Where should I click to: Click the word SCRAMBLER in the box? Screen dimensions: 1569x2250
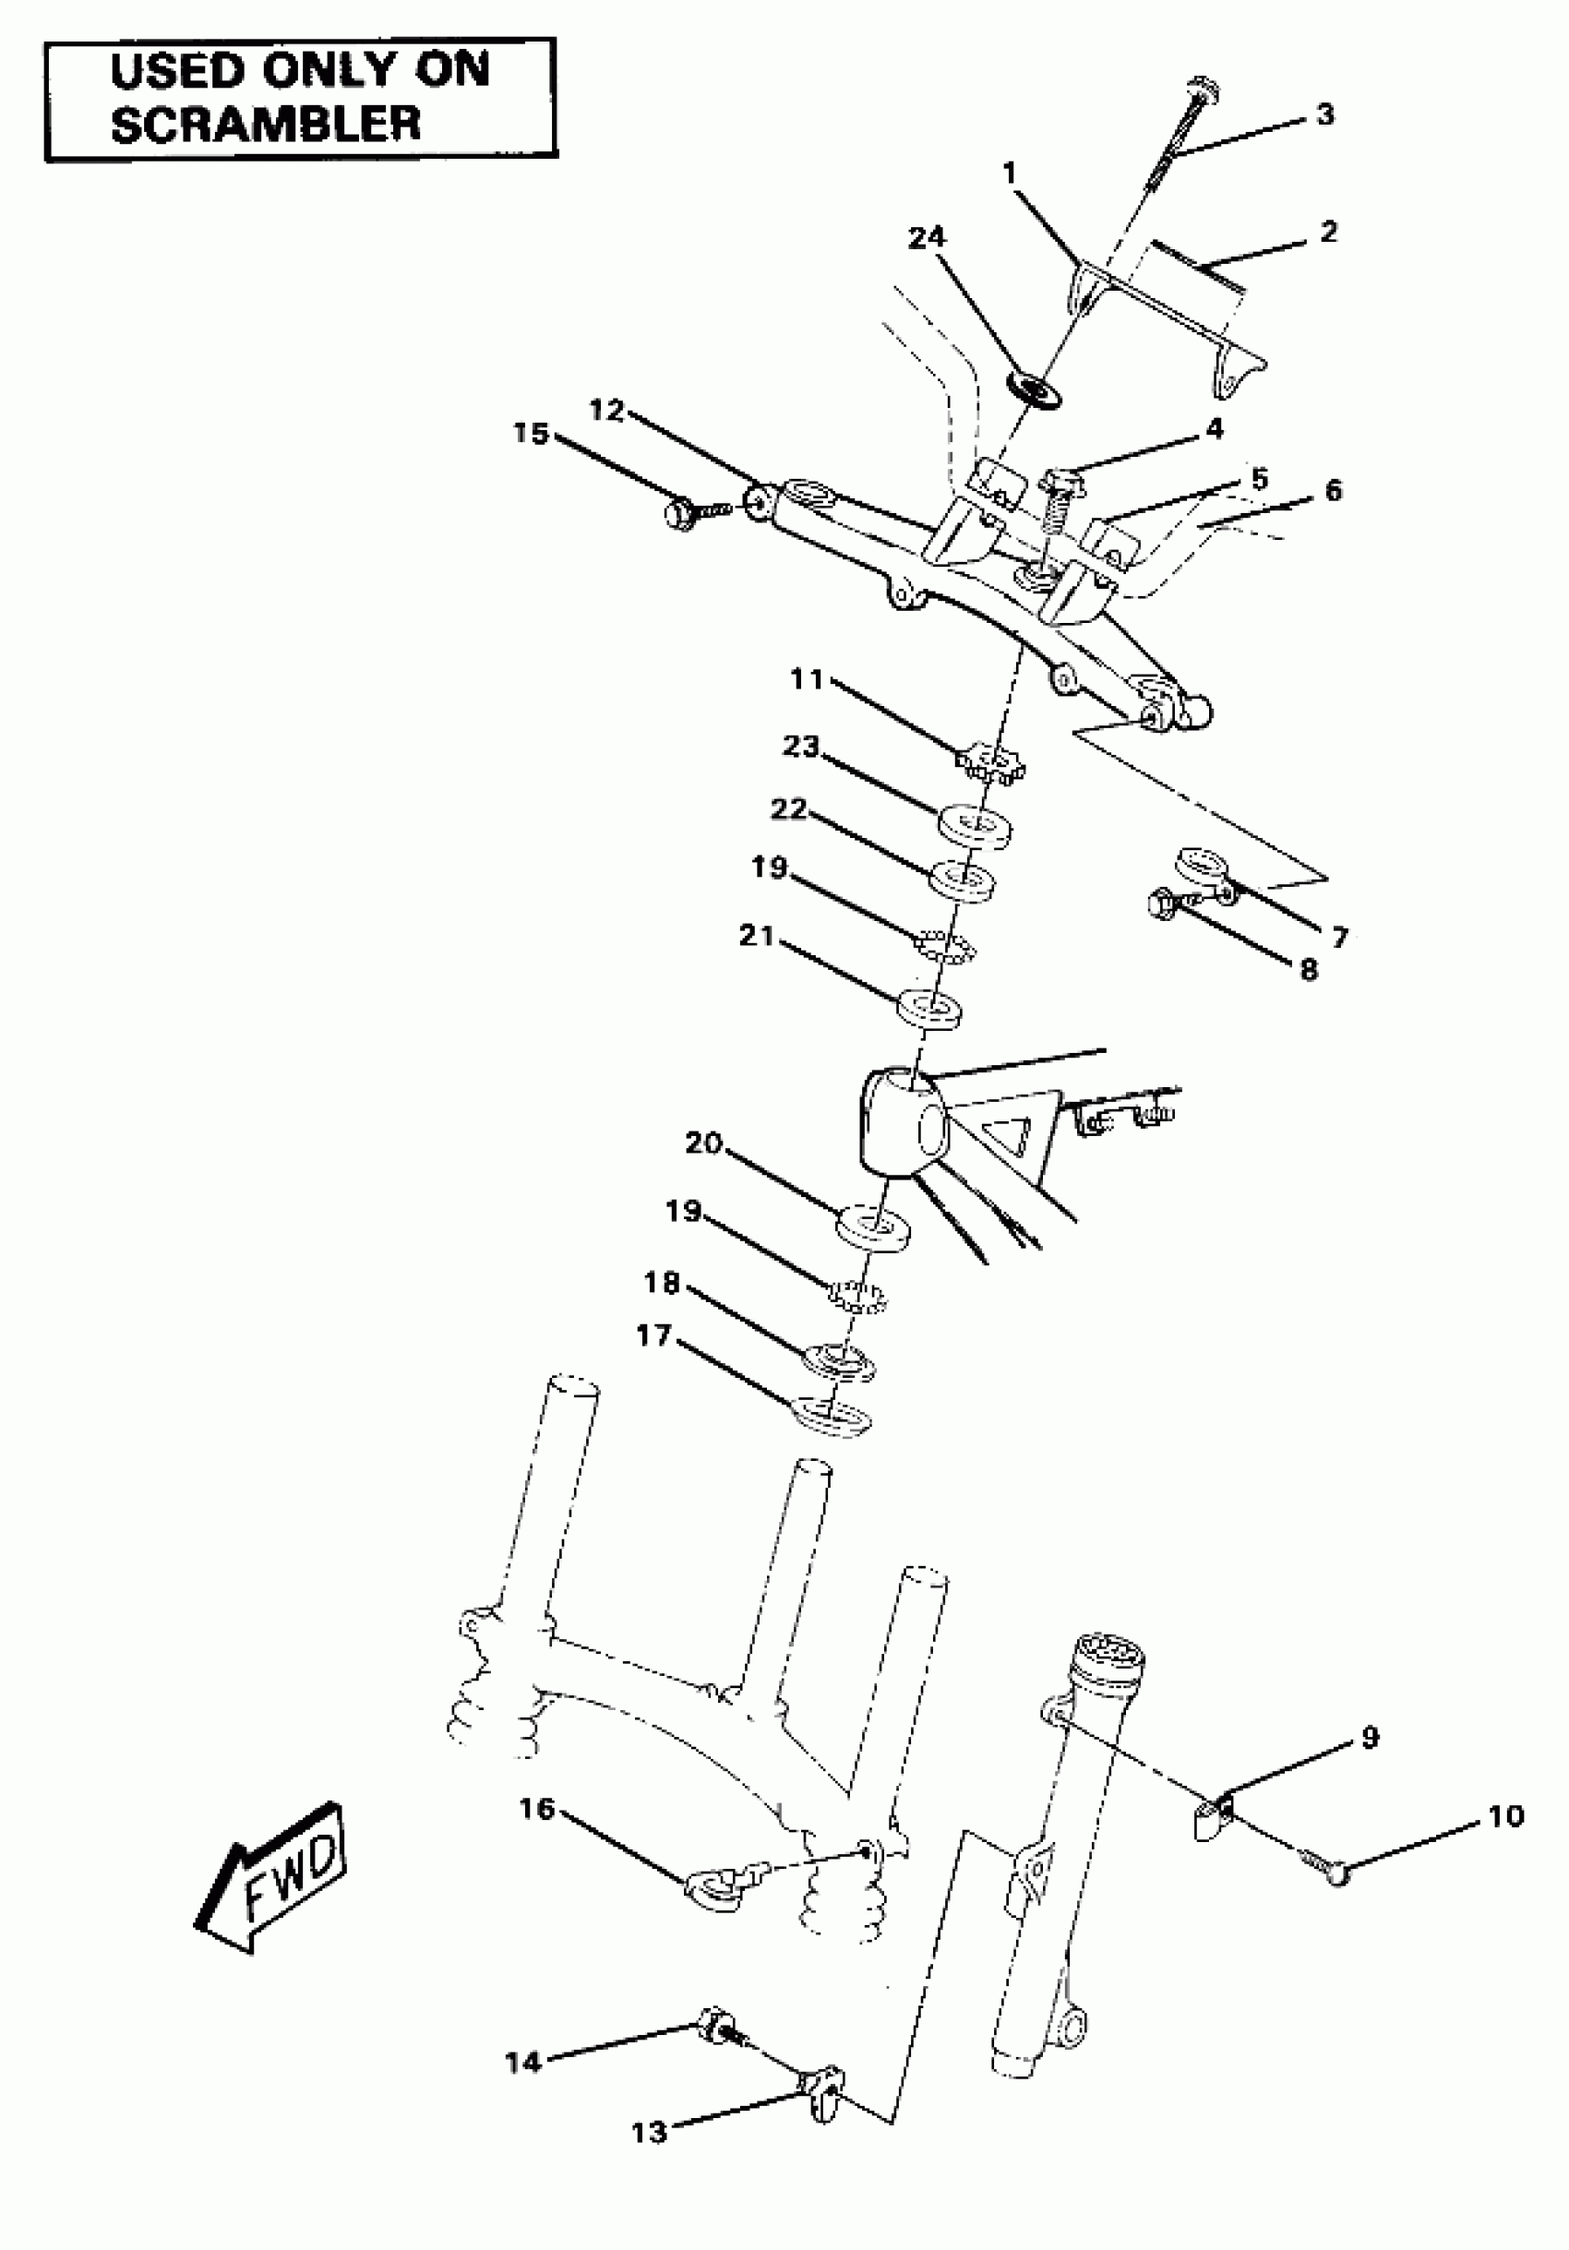266,125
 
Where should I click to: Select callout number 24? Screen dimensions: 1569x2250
927,238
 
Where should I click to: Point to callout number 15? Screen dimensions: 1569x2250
532,433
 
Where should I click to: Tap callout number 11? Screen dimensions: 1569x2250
808,679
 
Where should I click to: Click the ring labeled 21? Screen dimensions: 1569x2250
930,1009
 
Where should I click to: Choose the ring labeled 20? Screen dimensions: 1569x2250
872,1227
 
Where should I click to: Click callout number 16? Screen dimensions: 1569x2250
537,1808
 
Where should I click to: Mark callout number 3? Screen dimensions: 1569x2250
1325,114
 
